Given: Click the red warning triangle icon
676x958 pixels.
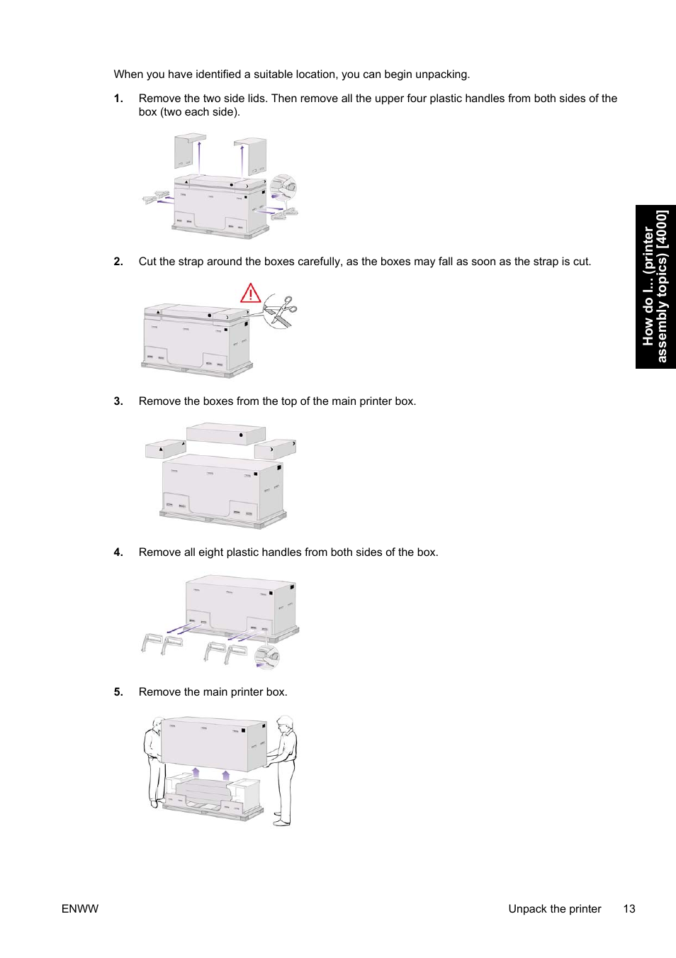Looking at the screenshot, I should [x=251, y=293].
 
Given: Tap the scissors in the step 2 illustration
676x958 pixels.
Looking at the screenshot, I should [x=281, y=311].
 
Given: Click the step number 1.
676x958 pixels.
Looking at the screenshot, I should [x=118, y=99].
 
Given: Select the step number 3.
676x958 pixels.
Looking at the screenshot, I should [x=118, y=401].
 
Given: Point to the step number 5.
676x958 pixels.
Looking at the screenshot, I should [x=118, y=692].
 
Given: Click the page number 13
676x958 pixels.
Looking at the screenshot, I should [x=629, y=909].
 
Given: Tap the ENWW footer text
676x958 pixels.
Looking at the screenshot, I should [x=80, y=909].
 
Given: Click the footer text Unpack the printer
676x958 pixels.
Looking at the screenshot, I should [x=554, y=909].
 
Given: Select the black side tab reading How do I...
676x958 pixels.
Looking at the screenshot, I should [x=655, y=286].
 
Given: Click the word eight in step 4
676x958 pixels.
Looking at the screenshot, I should [x=210, y=552].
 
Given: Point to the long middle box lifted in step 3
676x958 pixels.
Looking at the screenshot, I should [x=225, y=433].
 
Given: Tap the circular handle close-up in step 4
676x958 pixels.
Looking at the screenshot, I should [x=268, y=657].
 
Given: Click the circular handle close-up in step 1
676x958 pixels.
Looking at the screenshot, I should [x=283, y=188].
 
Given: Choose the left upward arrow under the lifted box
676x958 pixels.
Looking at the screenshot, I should [x=196, y=772].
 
